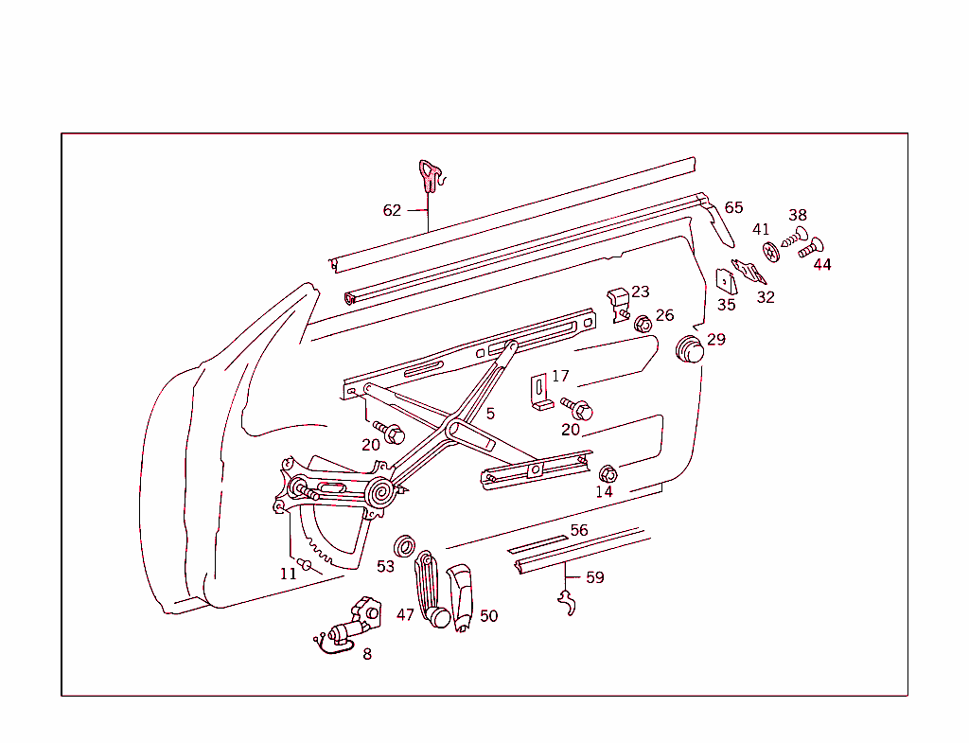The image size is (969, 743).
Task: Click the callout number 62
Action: (392, 210)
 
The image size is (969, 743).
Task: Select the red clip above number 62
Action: (430, 175)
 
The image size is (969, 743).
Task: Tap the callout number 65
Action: (734, 207)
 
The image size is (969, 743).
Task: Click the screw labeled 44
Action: (810, 247)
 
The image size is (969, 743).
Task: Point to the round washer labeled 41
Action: (772, 253)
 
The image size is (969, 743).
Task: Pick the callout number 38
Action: (798, 215)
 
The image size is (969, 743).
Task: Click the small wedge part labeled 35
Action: (726, 282)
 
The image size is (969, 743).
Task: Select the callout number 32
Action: (766, 296)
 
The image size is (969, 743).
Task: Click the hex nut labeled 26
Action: (643, 324)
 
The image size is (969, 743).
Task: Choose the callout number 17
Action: (560, 376)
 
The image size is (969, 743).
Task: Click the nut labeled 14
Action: (608, 472)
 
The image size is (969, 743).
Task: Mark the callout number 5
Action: (490, 413)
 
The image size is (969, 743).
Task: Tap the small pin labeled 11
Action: (306, 565)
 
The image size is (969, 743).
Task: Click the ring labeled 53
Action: (405, 545)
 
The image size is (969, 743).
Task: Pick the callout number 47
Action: (405, 614)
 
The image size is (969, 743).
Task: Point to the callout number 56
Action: (579, 530)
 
